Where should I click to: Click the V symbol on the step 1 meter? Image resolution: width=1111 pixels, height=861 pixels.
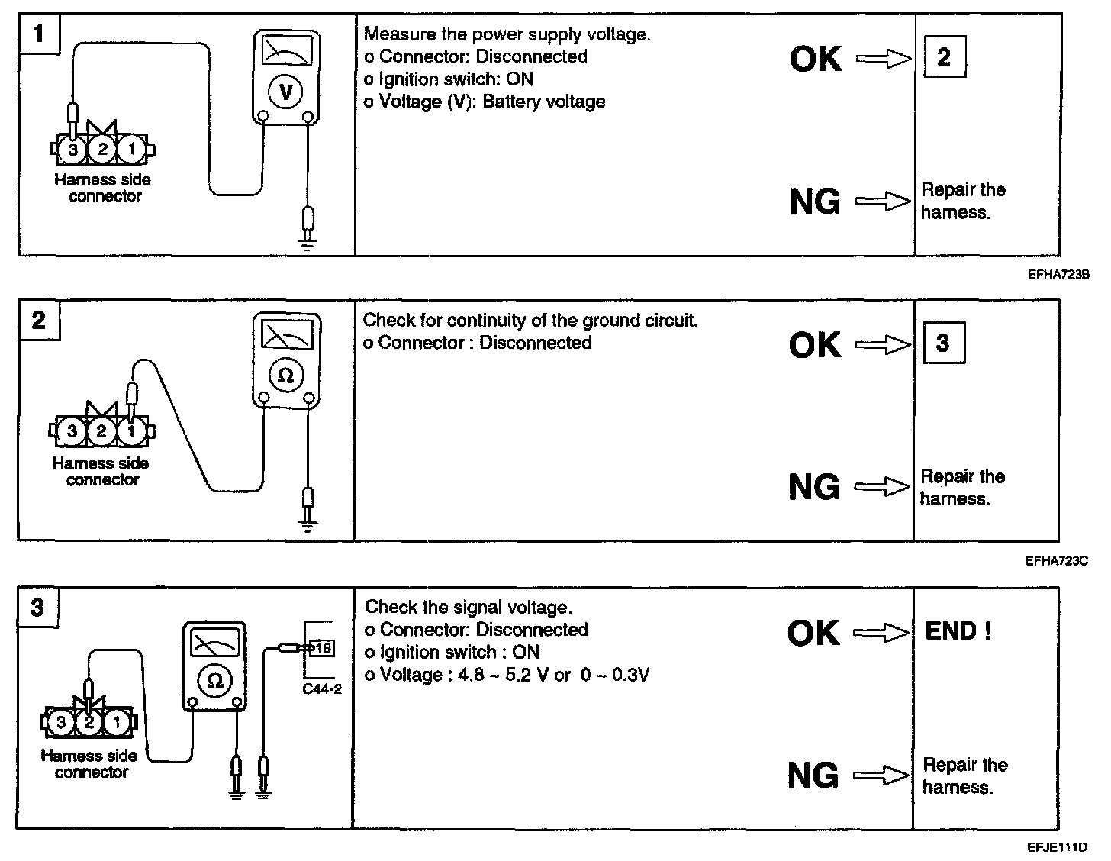pos(286,92)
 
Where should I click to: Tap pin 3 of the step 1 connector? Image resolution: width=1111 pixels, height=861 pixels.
pos(72,150)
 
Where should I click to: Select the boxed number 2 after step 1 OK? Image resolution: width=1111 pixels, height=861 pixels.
pos(945,56)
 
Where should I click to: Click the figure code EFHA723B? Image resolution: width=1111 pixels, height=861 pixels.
pos(1058,275)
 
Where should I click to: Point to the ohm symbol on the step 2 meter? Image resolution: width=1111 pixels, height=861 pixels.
pos(286,376)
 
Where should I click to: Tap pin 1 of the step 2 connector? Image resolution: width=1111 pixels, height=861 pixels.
pos(131,431)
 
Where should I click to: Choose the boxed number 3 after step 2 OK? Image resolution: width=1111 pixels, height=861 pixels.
pos(944,343)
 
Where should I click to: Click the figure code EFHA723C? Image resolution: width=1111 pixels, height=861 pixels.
pos(1057,561)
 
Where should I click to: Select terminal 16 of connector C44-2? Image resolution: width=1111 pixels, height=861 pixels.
pos(323,648)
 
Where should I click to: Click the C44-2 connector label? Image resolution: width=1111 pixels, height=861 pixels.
pos(322,688)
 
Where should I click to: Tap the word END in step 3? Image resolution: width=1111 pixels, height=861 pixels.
pos(951,631)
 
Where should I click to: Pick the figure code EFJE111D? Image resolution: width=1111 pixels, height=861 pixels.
pos(1058,847)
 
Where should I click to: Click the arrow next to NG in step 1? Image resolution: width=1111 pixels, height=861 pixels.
pos(883,201)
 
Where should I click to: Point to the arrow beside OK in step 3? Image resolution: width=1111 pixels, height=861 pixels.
pos(881,633)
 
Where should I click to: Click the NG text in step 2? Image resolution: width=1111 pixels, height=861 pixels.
pos(814,487)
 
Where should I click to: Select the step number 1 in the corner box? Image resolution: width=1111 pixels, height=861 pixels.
pos(38,34)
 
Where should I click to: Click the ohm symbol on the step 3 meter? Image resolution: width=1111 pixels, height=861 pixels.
pos(214,681)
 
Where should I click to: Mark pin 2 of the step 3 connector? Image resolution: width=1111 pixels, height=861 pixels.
pos(89,722)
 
